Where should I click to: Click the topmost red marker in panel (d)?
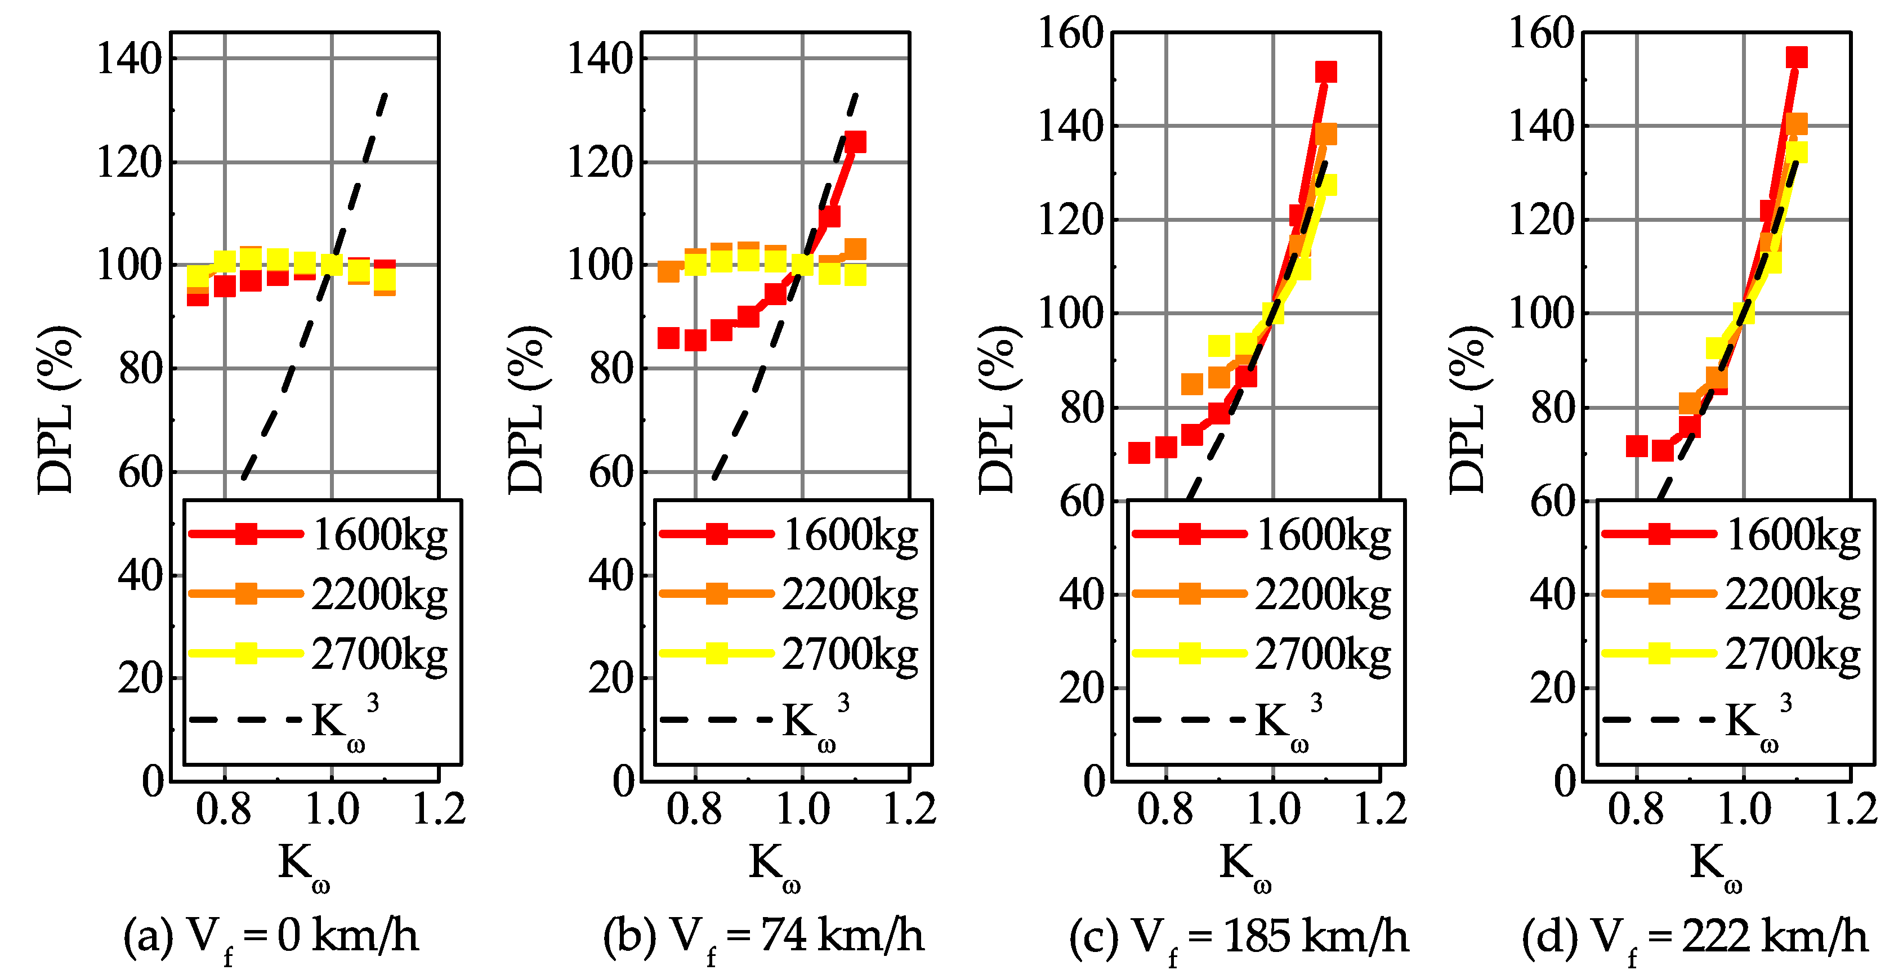tap(1796, 57)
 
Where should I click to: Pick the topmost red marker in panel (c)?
tap(1326, 72)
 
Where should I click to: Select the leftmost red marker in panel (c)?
tap(1139, 453)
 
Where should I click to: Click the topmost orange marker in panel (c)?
tap(1326, 135)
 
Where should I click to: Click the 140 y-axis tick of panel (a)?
tap(129, 59)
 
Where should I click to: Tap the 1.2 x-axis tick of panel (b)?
tap(909, 809)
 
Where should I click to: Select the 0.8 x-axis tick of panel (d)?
tap(1635, 809)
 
